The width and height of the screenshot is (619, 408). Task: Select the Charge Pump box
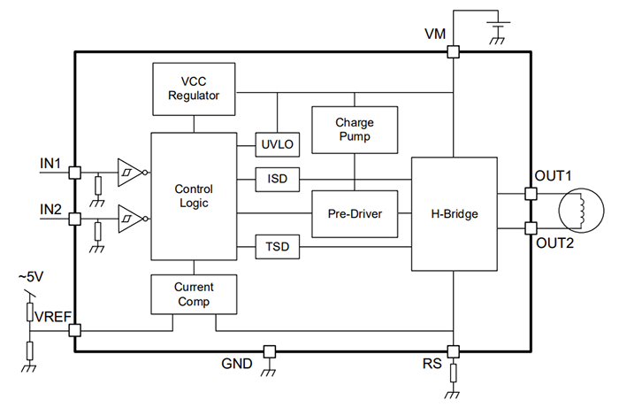pos(354,130)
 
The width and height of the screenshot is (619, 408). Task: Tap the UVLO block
pos(277,144)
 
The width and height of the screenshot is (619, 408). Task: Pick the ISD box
pos(277,180)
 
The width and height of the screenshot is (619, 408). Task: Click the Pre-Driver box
pos(354,213)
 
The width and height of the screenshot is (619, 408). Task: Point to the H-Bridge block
pos(455,213)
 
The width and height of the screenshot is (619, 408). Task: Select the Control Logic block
pos(194,196)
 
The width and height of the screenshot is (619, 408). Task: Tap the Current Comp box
pos(194,294)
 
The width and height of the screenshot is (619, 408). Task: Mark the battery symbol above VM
pos(498,27)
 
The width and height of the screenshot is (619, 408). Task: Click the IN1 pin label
pos(50,164)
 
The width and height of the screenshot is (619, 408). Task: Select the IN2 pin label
pos(50,209)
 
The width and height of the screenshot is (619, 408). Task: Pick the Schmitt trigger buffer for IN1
pos(128,172)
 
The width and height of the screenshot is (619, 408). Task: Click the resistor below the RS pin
pos(454,372)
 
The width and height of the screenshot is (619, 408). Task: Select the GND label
pos(236,363)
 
